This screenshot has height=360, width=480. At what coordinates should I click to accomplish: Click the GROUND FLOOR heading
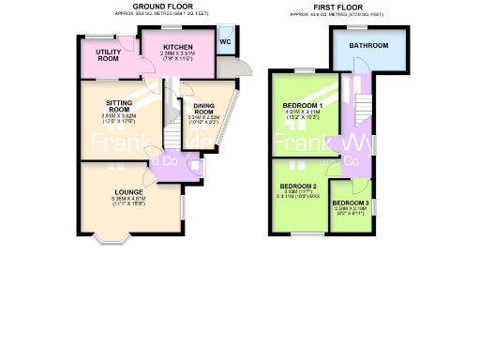(x=157, y=7)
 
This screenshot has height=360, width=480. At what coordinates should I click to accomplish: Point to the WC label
(x=225, y=42)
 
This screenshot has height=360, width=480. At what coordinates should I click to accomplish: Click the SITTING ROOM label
(x=120, y=109)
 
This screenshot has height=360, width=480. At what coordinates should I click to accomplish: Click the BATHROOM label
(x=368, y=44)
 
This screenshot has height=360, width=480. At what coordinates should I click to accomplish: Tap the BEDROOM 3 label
(x=351, y=202)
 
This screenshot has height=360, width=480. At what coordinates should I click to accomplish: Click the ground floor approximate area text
(x=157, y=13)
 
